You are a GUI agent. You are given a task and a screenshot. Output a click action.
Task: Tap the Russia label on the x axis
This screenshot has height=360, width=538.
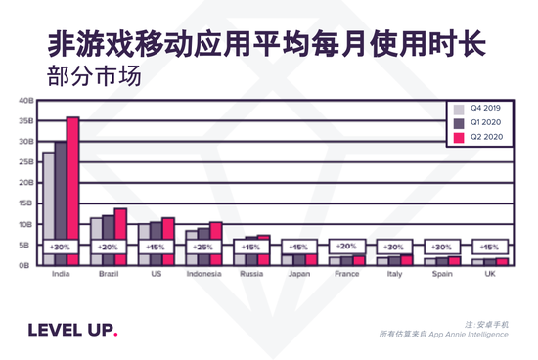click(x=251, y=275)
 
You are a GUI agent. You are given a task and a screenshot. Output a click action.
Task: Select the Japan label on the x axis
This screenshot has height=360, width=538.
click(x=298, y=275)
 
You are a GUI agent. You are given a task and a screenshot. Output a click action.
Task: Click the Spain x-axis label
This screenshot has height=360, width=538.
click(x=441, y=275)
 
